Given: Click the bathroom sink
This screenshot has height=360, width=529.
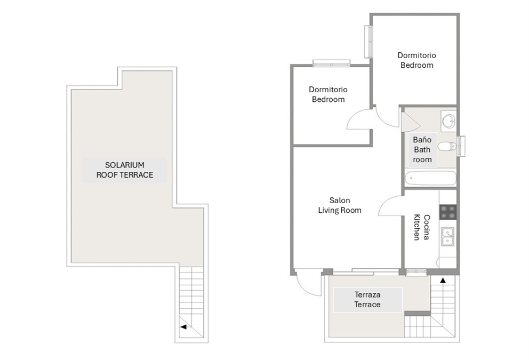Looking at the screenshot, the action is [448, 121].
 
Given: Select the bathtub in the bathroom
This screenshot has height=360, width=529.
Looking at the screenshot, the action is [430, 178].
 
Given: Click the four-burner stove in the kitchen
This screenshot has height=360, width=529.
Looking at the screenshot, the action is [448, 212].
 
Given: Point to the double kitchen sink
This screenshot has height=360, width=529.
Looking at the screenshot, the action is [448, 236].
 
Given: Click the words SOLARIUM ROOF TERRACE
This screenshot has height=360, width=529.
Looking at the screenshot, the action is [125, 170].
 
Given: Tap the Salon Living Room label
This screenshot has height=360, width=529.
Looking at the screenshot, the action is [340, 205].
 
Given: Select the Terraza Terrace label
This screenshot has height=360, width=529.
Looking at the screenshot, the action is [367, 300].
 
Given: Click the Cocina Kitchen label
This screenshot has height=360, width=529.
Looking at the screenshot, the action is [422, 227].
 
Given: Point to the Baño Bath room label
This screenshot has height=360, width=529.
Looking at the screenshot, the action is [422, 149].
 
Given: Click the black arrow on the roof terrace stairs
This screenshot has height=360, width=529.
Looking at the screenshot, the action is [183, 326].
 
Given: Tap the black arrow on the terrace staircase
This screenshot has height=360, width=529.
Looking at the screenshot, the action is [443, 280].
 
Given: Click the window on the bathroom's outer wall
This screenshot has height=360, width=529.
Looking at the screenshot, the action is [461, 146].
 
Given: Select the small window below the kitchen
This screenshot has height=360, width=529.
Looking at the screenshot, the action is [416, 271].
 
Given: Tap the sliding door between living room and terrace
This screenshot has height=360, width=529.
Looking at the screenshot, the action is [366, 271].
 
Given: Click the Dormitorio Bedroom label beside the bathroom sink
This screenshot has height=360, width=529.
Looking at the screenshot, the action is [416, 60].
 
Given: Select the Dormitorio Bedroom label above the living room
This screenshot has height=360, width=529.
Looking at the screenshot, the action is [328, 94].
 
